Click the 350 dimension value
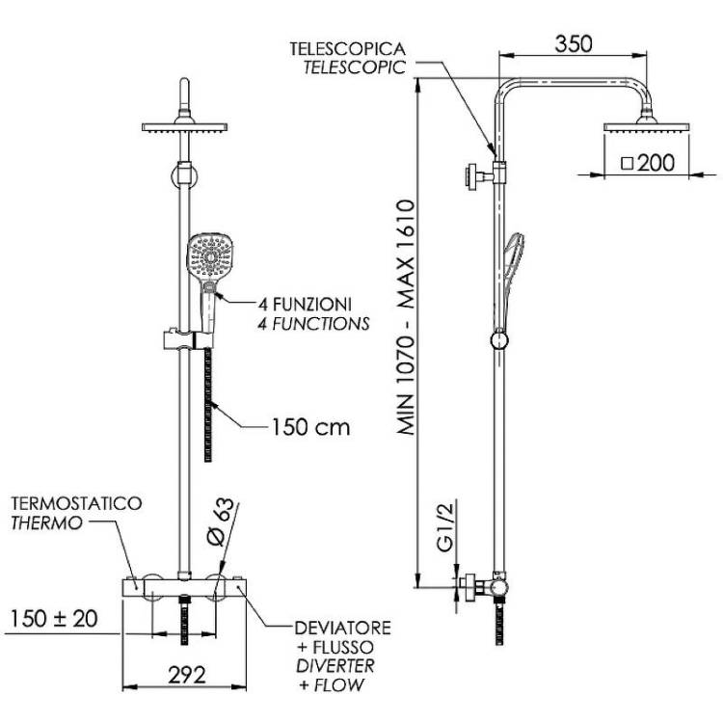tap(574, 43)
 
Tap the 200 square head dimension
tap(648, 163)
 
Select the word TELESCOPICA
tap(348, 49)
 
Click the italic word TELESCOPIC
tap(354, 67)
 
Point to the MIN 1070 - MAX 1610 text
tap(406, 317)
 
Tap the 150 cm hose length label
tap(310, 427)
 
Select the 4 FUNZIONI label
tap(305, 305)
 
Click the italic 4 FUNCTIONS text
tap(313, 324)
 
